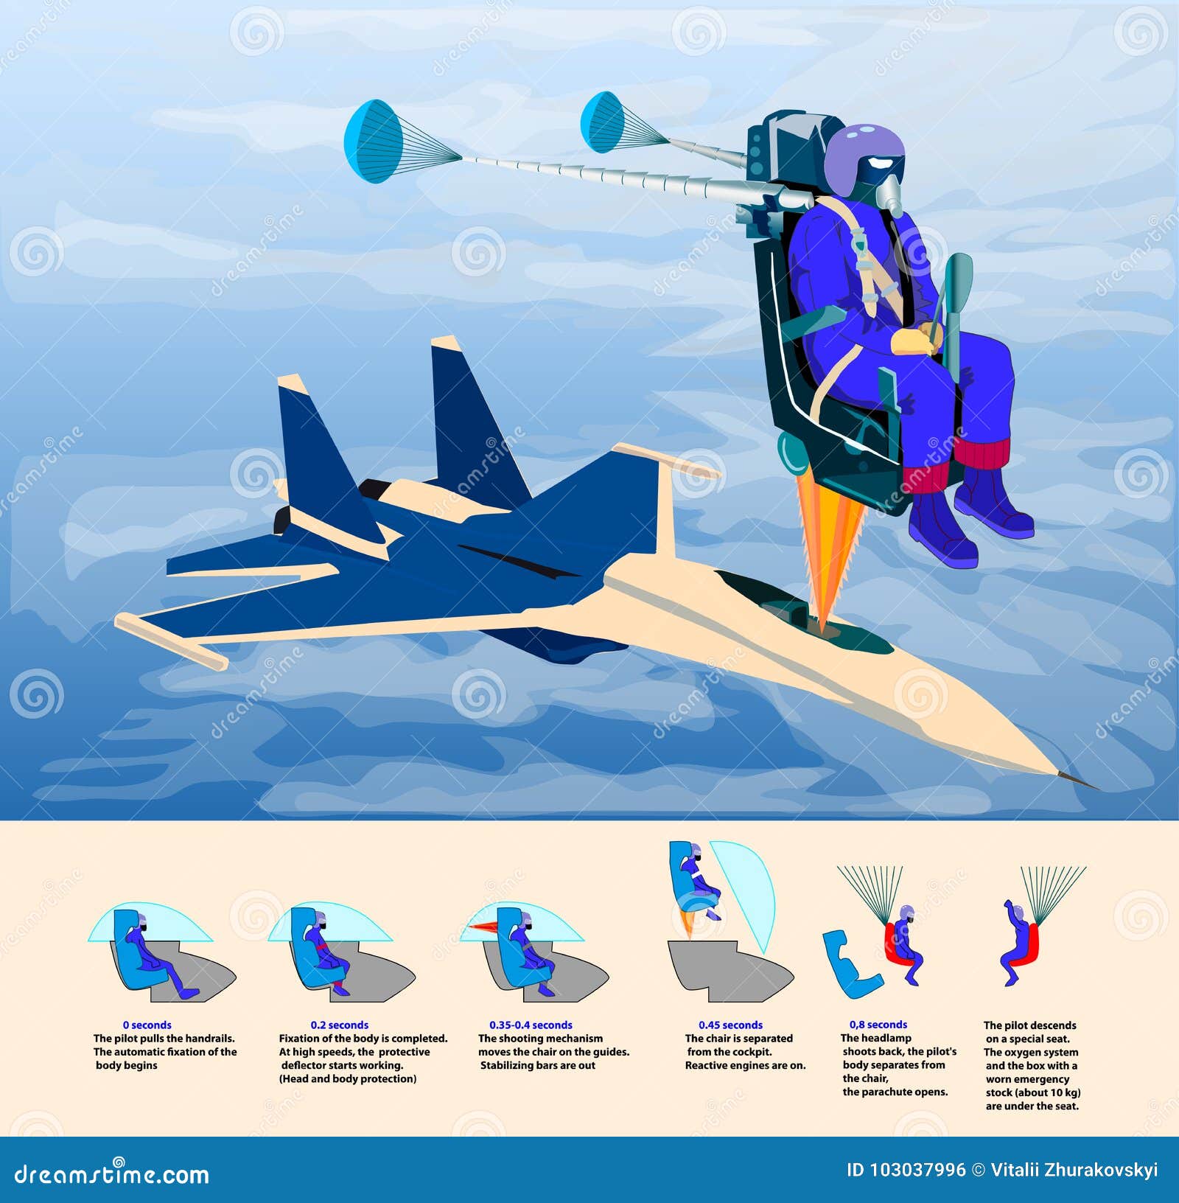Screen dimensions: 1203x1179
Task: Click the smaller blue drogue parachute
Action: [x=602, y=122]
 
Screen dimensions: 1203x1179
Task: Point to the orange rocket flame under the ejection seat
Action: [x=831, y=553]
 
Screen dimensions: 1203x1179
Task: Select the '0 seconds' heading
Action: [x=147, y=1025]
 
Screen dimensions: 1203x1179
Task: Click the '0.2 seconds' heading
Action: [x=339, y=1025]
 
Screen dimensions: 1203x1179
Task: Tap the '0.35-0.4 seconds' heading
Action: [x=531, y=1025]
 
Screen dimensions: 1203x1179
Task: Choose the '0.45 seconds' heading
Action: [x=730, y=1025]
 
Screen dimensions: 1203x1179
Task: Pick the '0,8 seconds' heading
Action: [x=878, y=1024]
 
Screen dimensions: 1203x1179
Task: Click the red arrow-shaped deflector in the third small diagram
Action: [x=483, y=927]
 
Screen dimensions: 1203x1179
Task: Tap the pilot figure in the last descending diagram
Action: [x=1015, y=944]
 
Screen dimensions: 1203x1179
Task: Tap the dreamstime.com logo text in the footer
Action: [x=111, y=1174]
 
